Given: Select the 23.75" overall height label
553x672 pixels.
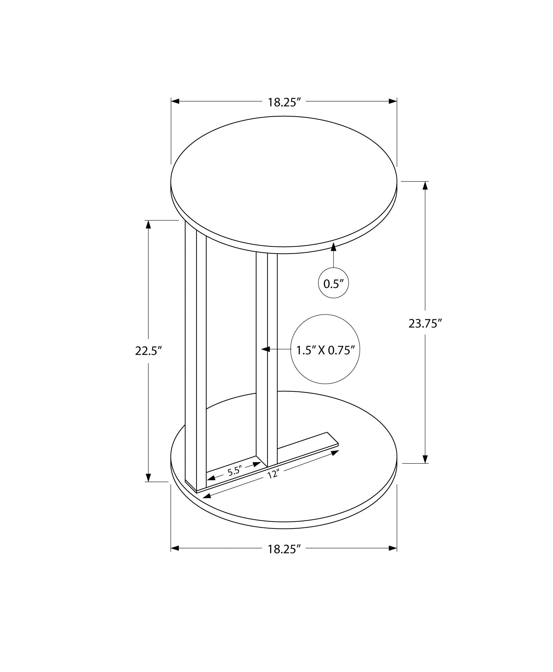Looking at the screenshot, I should (x=424, y=323).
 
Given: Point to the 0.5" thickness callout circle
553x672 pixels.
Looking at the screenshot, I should (x=333, y=284).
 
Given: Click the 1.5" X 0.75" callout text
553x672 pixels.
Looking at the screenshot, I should (x=325, y=350).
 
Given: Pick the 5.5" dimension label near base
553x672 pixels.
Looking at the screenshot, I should (x=235, y=472).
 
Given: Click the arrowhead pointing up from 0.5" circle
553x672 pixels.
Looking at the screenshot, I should (x=333, y=247).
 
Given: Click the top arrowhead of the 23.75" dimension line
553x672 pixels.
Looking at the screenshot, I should (x=425, y=185).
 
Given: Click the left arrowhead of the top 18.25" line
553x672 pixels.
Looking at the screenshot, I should (x=175, y=101).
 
